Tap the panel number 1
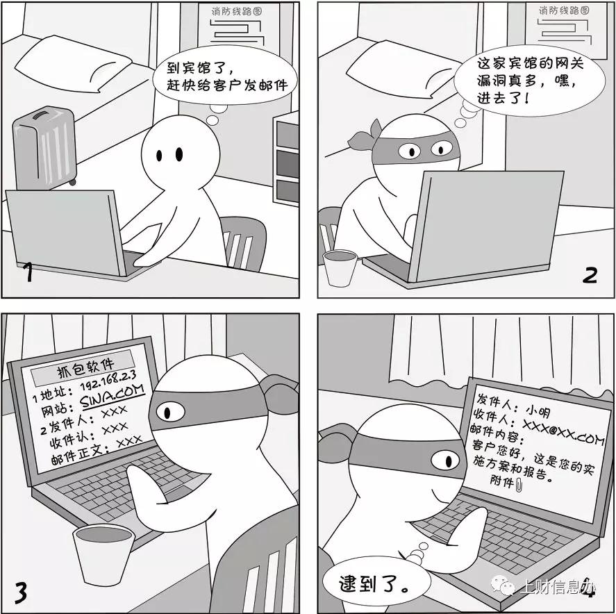(27, 273)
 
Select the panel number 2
(589, 275)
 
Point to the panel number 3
(21, 592)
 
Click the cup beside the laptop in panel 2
(340, 267)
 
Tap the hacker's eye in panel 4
(442, 460)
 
